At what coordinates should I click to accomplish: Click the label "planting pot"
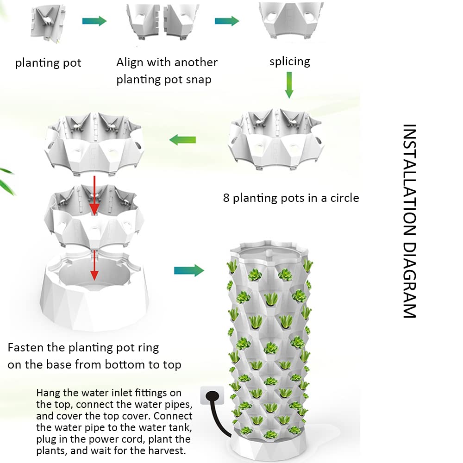click(48, 63)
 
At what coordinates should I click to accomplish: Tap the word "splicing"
click(290, 61)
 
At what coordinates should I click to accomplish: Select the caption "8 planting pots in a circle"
click(291, 198)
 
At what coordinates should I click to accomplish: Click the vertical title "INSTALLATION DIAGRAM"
click(409, 221)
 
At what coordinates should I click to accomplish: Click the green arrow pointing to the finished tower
click(189, 270)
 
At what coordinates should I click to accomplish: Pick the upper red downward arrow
click(94, 195)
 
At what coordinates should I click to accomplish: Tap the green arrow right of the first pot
click(94, 21)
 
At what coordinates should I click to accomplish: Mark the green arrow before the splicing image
click(226, 21)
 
